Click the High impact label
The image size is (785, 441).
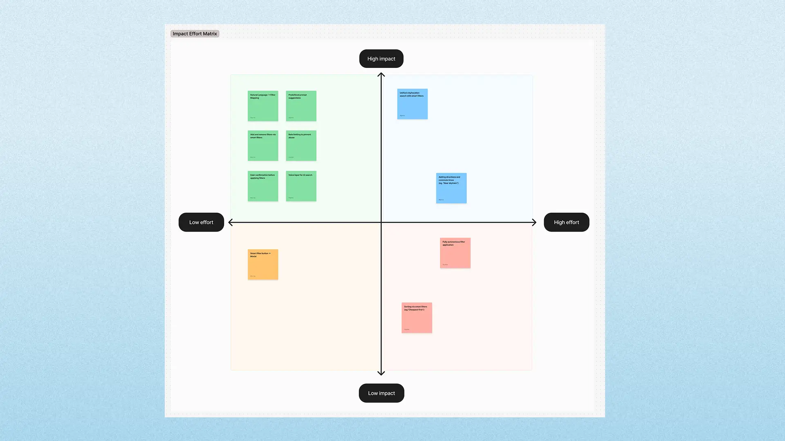click(x=381, y=59)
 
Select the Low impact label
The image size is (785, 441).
click(x=381, y=393)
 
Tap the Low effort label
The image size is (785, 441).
click(x=201, y=223)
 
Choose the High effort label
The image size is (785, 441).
click(x=566, y=223)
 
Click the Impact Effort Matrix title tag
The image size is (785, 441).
click(x=195, y=34)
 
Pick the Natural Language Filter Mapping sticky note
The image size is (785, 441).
click(x=263, y=106)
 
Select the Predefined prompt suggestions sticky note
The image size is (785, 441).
click(x=301, y=106)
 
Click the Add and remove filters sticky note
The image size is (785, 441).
click(x=263, y=146)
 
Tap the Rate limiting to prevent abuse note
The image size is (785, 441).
click(x=301, y=146)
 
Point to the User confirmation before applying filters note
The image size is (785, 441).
click(x=263, y=186)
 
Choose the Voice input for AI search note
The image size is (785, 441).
click(x=301, y=186)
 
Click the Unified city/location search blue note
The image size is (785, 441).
click(x=412, y=104)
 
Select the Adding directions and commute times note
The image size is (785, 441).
click(x=451, y=188)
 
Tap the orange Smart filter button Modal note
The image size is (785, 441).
click(x=263, y=265)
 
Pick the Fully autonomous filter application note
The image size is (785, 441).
click(x=455, y=253)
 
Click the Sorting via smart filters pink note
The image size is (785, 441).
click(x=417, y=318)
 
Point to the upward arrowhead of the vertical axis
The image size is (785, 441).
click(x=381, y=75)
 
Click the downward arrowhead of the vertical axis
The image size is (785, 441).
click(x=381, y=373)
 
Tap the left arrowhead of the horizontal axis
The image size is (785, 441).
click(x=231, y=223)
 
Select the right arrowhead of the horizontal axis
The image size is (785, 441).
click(x=534, y=223)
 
